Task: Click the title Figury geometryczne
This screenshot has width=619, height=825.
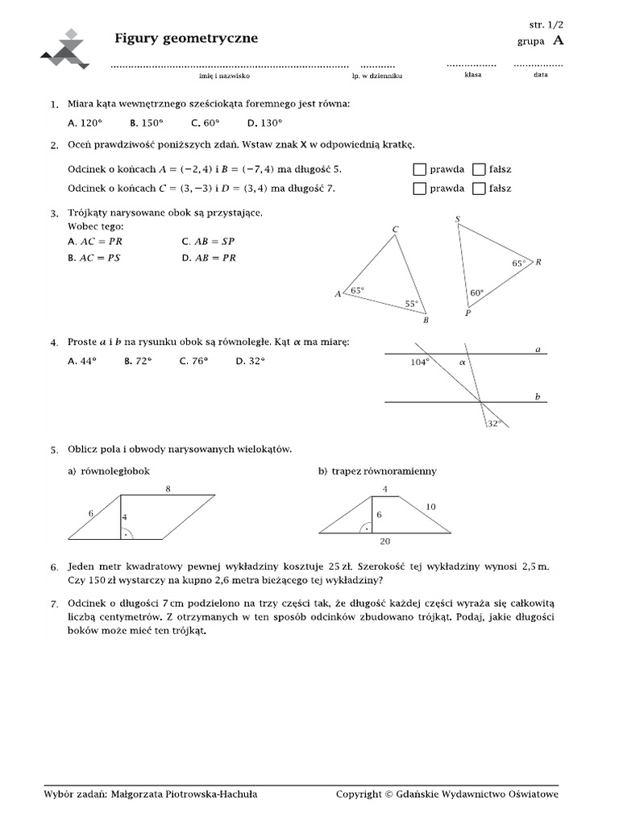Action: pyautogui.click(x=186, y=38)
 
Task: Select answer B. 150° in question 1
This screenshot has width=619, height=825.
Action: pyautogui.click(x=146, y=122)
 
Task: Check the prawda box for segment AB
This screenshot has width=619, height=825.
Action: pyautogui.click(x=418, y=169)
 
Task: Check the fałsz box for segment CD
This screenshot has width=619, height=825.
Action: pyautogui.click(x=479, y=189)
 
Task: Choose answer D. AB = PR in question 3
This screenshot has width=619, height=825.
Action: pyautogui.click(x=209, y=258)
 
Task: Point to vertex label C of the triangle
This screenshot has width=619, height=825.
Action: pyautogui.click(x=395, y=230)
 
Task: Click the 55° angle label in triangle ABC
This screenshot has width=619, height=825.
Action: pyautogui.click(x=412, y=304)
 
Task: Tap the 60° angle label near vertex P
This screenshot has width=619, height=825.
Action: pyautogui.click(x=476, y=293)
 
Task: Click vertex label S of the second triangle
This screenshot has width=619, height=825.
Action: pyautogui.click(x=458, y=219)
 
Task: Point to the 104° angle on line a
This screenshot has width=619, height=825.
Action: pyautogui.click(x=419, y=363)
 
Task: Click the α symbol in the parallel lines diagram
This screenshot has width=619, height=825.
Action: pyautogui.click(x=463, y=363)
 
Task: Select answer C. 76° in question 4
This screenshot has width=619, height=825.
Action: pyautogui.click(x=194, y=361)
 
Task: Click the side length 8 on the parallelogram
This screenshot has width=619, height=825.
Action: pyautogui.click(x=168, y=488)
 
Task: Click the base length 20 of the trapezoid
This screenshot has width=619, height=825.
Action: pyautogui.click(x=385, y=541)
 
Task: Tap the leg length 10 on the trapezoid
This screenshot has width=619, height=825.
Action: pyautogui.click(x=431, y=507)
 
